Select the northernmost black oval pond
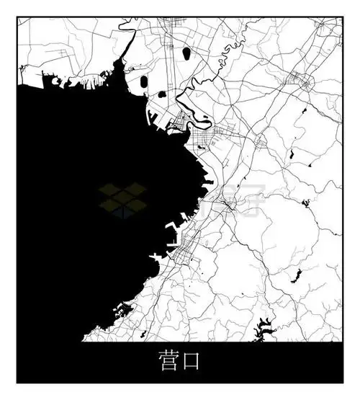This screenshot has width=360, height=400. [x=189, y=52]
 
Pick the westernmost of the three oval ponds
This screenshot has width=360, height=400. [x=143, y=81]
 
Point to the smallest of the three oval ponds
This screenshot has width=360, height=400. [x=162, y=94]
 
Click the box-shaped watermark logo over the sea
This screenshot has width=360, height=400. [x=122, y=200]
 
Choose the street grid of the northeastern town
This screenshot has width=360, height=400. [x=300, y=82]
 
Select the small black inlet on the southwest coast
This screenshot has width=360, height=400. [x=122, y=311]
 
